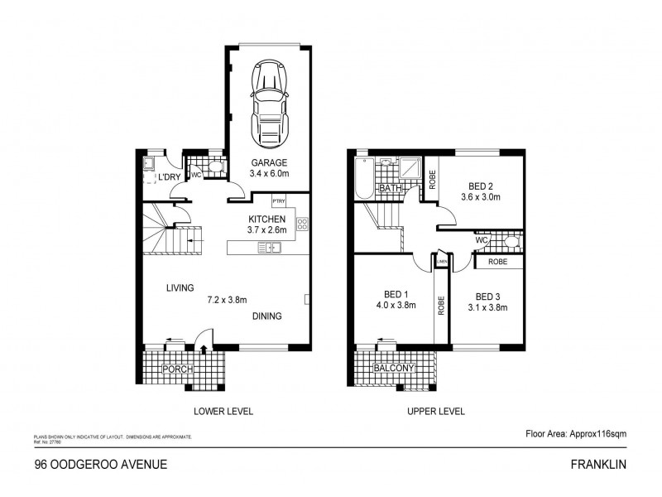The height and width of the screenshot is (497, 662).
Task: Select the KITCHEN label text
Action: click(266, 220)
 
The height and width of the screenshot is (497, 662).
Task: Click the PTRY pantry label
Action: click(279, 200)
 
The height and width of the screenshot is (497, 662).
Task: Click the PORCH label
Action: click(178, 369)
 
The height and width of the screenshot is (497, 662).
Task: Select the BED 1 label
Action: click(396, 295)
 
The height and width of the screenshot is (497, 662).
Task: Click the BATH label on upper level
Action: click(389, 189)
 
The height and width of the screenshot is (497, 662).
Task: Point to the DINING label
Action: click(267, 316)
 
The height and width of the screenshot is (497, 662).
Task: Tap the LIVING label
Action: click(180, 288)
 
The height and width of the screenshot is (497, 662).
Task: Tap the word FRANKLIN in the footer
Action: click(605, 465)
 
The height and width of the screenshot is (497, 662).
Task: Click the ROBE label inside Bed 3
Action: click(498, 261)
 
